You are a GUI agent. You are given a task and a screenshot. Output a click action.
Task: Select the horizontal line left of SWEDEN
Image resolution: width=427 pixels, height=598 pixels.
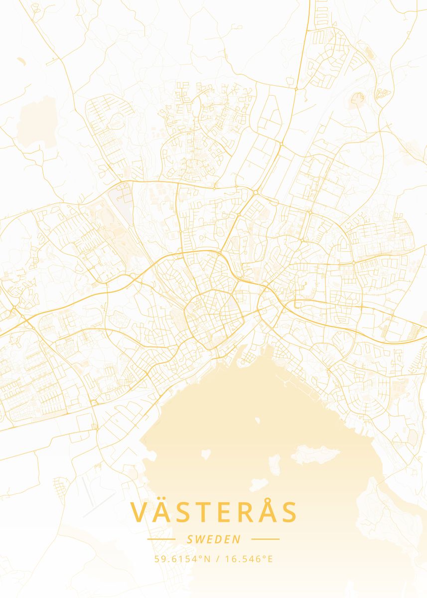(161, 539)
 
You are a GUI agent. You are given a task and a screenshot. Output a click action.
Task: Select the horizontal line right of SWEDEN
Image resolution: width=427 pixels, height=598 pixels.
(266, 539)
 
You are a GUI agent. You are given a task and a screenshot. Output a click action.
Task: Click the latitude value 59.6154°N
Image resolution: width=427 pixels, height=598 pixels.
(182, 559)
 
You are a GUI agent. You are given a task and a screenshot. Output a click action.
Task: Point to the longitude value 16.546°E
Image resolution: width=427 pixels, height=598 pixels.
(249, 559)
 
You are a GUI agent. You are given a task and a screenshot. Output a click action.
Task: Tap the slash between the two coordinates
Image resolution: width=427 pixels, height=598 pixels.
(218, 559)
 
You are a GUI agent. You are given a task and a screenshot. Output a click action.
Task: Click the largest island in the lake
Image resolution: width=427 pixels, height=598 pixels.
(315, 454)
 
